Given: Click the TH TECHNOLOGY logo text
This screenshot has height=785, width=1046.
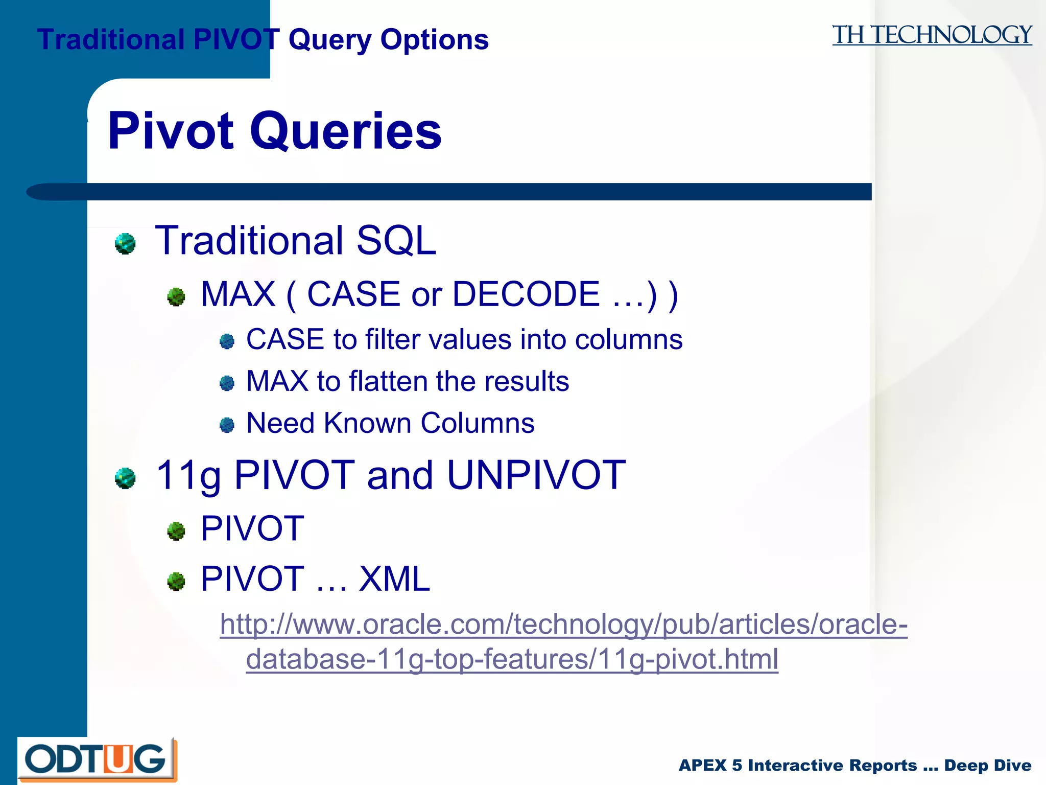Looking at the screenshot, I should [932, 36].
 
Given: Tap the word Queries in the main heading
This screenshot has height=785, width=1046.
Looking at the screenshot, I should [345, 131].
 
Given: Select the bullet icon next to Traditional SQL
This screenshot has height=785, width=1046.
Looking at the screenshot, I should [125, 243].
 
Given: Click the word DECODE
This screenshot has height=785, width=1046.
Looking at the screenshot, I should [526, 294].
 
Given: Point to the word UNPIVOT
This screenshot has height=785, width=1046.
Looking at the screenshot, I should [536, 475].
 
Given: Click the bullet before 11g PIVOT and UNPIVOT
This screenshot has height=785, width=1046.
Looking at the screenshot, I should [125, 478].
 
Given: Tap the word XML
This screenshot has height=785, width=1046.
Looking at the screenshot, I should [394, 579].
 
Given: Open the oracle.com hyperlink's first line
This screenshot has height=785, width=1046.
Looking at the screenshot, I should [563, 624].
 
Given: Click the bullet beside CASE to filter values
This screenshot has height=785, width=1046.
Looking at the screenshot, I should [227, 341].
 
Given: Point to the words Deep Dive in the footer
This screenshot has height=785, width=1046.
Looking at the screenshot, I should [987, 765].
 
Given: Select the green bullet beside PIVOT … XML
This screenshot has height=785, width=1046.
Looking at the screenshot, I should [176, 581].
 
